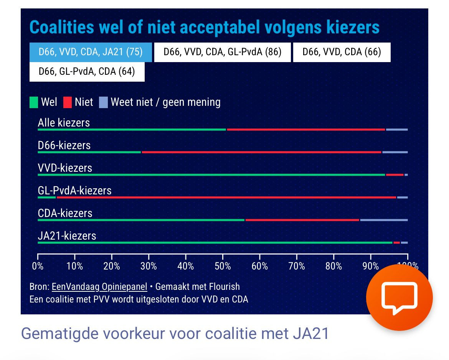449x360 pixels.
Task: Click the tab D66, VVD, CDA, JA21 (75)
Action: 91,52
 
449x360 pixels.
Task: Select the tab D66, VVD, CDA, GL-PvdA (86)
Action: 223,52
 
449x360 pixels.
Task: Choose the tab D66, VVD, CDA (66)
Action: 342,52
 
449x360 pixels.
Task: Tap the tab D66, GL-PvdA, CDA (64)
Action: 87,72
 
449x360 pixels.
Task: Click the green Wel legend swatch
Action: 34,102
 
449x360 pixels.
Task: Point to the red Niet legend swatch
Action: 68,102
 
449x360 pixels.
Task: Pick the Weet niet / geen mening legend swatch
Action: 103,102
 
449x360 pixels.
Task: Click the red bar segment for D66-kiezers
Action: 261,152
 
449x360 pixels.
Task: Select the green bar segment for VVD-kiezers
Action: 211,175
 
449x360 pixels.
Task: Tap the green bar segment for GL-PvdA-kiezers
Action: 47,197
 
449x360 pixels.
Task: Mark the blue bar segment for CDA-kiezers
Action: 383,220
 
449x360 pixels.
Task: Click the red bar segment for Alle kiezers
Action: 306,130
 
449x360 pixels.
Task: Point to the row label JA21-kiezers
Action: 67,236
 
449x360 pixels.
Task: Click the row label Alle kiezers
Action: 64,123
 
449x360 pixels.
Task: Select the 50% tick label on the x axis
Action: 223,266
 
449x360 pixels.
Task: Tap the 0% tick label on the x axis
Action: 38,266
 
